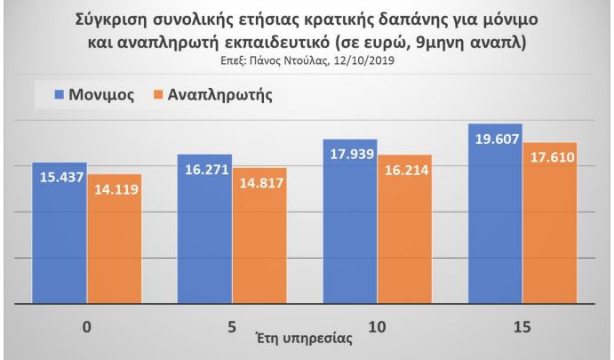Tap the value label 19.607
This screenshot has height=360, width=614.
point(495,140)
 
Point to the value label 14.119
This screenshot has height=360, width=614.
point(115,188)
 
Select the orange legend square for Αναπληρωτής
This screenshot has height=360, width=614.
point(161,93)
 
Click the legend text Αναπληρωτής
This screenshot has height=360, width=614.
point(219,93)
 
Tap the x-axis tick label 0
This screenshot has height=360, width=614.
point(86,327)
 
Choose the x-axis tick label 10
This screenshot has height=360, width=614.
point(377,327)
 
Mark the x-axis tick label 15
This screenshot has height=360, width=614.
point(522,327)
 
